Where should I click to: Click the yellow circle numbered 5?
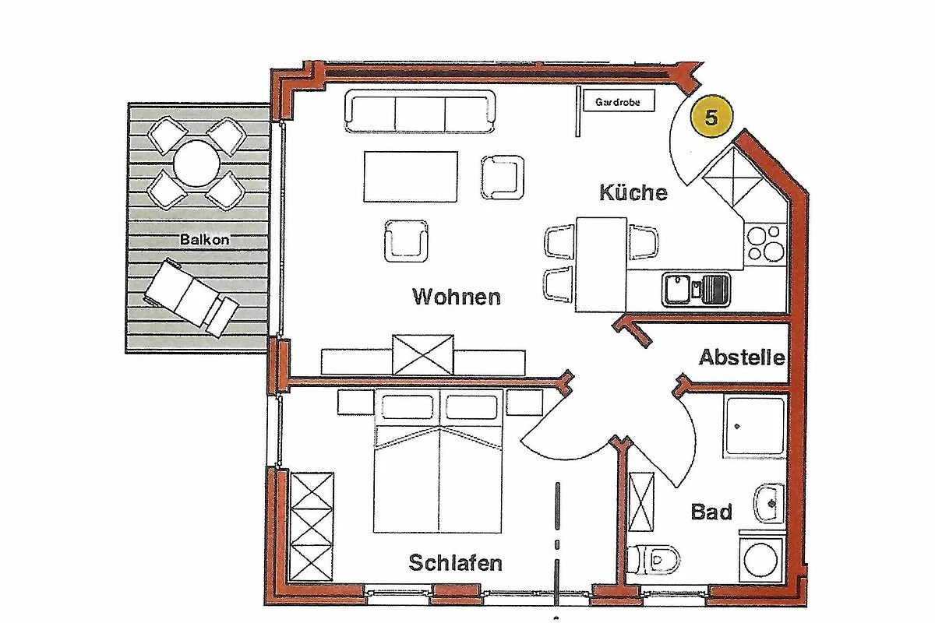(711, 116)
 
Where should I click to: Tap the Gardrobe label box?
(619, 101)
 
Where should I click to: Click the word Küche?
(633, 192)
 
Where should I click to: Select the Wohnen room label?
(457, 297)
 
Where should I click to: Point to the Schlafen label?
(455, 563)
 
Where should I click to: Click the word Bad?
(711, 512)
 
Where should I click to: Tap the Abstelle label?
(742, 357)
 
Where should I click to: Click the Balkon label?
(204, 240)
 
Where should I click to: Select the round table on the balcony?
(196, 164)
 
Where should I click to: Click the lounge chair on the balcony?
(191, 297)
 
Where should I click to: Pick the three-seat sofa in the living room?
(420, 111)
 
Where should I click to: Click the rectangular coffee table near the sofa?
(411, 177)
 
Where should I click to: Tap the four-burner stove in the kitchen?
(765, 244)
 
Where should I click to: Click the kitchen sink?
(697, 289)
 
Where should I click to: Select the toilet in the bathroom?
(654, 559)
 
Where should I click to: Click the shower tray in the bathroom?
(755, 428)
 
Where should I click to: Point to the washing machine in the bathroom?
(761, 559)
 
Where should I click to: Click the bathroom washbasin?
(769, 503)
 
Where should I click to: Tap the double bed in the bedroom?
(438, 461)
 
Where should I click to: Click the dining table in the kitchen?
(601, 265)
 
